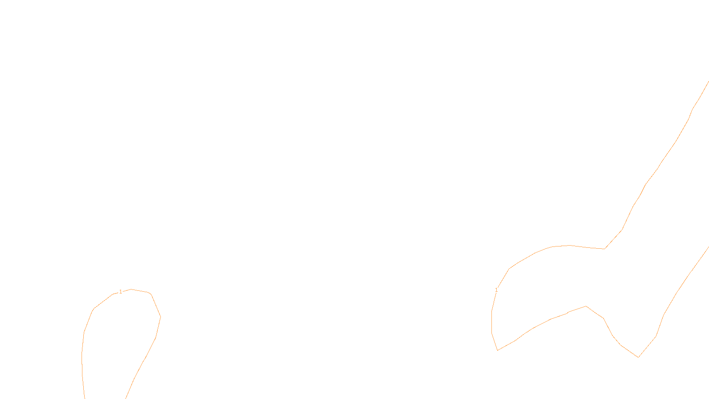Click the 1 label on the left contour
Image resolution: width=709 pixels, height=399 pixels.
click(121, 292)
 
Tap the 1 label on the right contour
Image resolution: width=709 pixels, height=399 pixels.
click(496, 290)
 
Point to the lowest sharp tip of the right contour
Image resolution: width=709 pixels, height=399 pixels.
click(638, 357)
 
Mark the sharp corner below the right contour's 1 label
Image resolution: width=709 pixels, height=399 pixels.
click(498, 350)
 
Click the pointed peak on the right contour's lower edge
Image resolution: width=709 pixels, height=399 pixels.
click(586, 306)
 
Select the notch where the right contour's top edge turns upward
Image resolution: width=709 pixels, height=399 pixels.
click(604, 249)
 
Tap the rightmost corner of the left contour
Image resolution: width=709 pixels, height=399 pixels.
click(160, 317)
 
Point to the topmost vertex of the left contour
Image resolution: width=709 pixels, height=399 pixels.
click(131, 289)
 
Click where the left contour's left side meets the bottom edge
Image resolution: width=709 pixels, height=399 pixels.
click(84, 398)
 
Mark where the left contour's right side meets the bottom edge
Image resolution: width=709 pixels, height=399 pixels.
click(126, 398)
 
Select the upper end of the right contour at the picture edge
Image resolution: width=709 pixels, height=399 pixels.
click(708, 82)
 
